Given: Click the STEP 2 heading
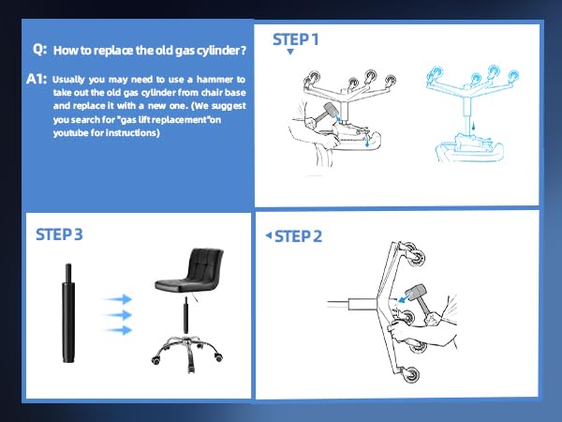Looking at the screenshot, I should click(298, 235).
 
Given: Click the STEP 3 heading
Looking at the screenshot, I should click(59, 234).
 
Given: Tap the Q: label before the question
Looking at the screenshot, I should click(39, 49).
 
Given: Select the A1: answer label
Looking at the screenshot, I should click(37, 80).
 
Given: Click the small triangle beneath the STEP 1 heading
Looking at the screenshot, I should click(290, 53).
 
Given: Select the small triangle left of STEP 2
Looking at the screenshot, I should click(268, 234).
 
